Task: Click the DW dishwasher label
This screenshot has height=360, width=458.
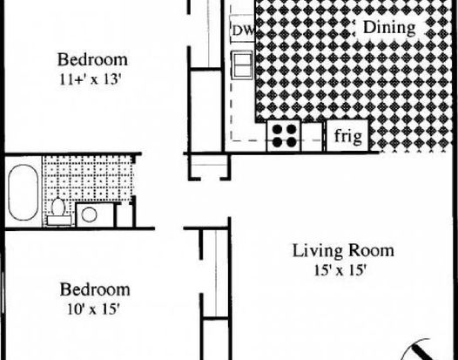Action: pyautogui.click(x=243, y=31)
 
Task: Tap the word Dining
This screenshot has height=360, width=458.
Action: pyautogui.click(x=389, y=28)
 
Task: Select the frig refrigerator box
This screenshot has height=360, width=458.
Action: pyautogui.click(x=347, y=136)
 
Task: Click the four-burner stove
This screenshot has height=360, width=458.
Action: pyautogui.click(x=284, y=136)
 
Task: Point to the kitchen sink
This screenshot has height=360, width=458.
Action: pyautogui.click(x=242, y=65)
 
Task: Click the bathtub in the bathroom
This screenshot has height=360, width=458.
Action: pyautogui.click(x=24, y=192)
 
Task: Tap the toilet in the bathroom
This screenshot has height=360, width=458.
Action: pyautogui.click(x=58, y=212)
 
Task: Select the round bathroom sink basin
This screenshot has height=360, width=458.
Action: pyautogui.click(x=89, y=214)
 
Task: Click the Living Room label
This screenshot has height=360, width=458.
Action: pyautogui.click(x=343, y=251)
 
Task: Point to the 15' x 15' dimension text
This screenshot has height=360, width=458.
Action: pyautogui.click(x=340, y=270)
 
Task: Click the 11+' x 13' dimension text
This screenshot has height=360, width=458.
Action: pyautogui.click(x=91, y=79)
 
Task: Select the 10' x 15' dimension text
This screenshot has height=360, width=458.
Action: pyautogui.click(x=93, y=309)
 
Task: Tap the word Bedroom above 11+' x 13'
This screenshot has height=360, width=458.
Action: pyautogui.click(x=92, y=59)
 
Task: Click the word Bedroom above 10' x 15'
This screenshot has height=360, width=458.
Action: pyautogui.click(x=95, y=289)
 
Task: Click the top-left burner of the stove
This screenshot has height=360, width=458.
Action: pyautogui.click(x=277, y=129)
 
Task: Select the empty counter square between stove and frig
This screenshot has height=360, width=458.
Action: pyautogui.click(x=312, y=137)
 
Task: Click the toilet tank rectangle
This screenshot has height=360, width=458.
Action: pyautogui.click(x=59, y=221)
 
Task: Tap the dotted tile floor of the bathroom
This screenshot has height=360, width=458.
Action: pyautogui.click(x=88, y=179)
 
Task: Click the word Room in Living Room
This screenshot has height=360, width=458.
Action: pyautogui.click(x=371, y=251)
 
